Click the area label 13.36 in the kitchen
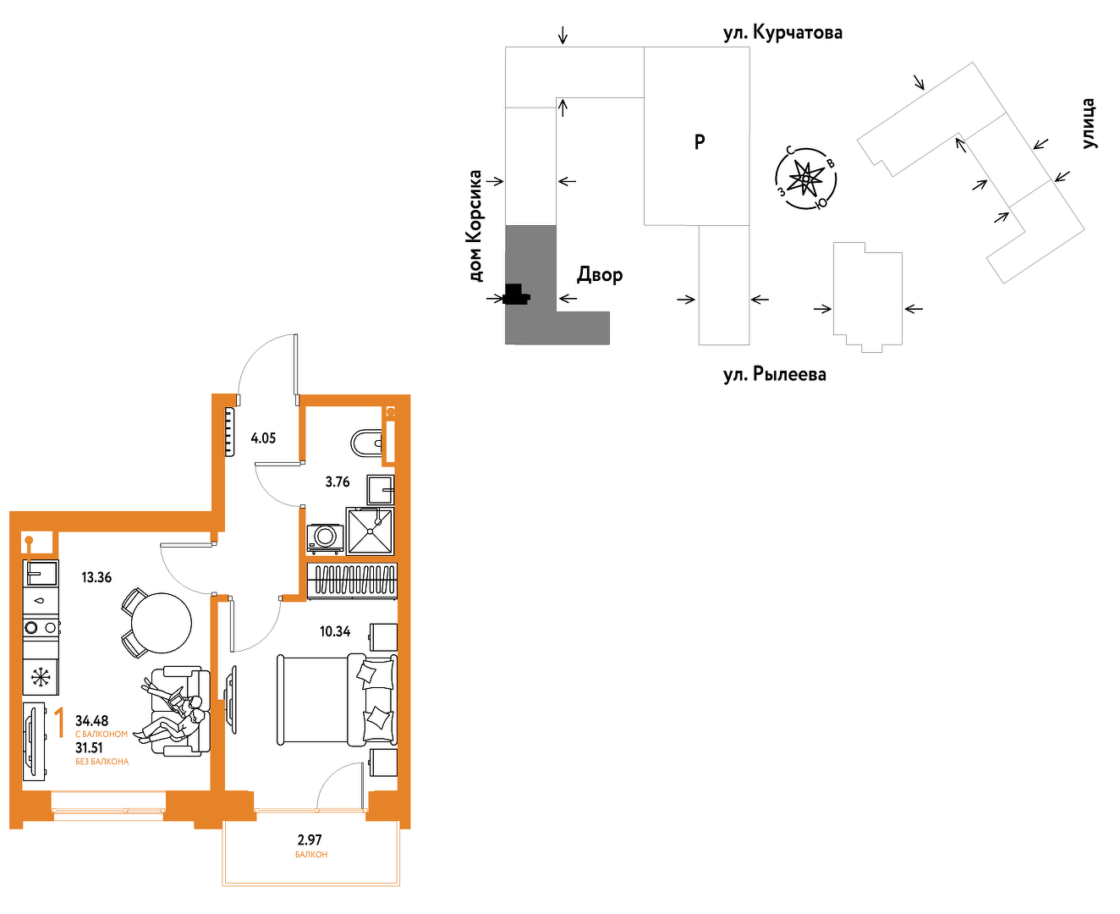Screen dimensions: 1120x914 [96, 577]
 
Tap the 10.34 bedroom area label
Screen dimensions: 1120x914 [335, 631]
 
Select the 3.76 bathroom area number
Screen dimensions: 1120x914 [338, 482]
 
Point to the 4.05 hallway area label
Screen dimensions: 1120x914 [263, 438]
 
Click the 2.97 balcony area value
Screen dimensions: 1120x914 [309, 840]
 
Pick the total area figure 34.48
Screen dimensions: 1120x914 [91, 720]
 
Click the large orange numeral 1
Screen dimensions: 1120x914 [60, 723]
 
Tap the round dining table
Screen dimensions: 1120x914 [161, 623]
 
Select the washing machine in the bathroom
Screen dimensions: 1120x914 [325, 538]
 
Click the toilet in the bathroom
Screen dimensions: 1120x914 [366, 443]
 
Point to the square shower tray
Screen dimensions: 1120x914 [370, 531]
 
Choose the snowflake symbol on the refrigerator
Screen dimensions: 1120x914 [41, 677]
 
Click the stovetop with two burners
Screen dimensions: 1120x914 [41, 628]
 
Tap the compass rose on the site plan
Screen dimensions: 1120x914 [805, 179]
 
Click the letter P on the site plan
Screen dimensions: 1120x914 [700, 142]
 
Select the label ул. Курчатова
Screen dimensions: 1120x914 [782, 33]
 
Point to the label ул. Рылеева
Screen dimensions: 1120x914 [774, 374]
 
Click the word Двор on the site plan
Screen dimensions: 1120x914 [600, 274]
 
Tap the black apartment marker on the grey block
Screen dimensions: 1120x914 [516, 295]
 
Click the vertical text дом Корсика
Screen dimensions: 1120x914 [475, 225]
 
